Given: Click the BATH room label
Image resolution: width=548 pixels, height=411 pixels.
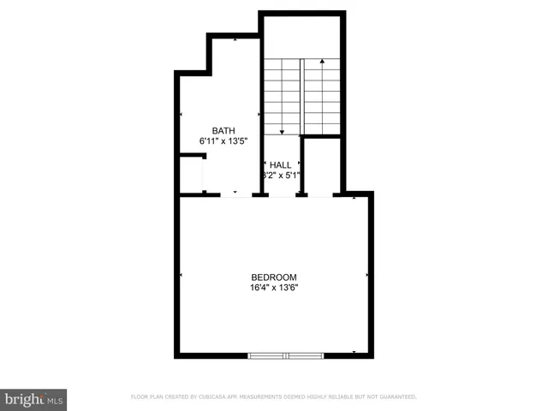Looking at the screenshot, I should (223, 131).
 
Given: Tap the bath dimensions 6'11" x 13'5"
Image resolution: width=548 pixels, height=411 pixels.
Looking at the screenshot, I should (223, 142).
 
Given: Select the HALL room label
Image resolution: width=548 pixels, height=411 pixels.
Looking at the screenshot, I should (281, 165).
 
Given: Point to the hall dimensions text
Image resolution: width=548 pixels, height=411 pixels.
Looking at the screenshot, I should (281, 176).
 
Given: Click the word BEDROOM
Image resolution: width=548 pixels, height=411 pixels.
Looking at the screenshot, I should (274, 277).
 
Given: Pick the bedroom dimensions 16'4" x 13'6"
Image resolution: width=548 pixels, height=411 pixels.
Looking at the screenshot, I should (274, 288).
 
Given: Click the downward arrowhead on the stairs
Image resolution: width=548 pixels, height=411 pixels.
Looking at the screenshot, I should (283, 131).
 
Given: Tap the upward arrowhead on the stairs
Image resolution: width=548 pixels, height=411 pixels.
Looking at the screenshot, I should (322, 62).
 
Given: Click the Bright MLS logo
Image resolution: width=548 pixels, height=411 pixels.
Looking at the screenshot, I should (33, 400).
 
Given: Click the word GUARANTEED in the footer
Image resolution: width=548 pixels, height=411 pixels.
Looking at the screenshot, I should (397, 396).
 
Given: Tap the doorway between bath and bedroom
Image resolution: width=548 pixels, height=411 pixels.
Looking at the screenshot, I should (235, 195).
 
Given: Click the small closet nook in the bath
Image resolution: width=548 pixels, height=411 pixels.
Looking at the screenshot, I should (191, 176).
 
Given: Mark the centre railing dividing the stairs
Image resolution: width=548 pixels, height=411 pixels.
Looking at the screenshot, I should (302, 95).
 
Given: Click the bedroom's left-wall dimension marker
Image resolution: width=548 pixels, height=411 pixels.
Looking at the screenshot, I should (182, 275).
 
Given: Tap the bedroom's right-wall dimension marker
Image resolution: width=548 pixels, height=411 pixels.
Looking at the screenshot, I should (367, 275).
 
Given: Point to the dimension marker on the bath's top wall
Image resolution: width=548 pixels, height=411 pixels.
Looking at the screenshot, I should (235, 39).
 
